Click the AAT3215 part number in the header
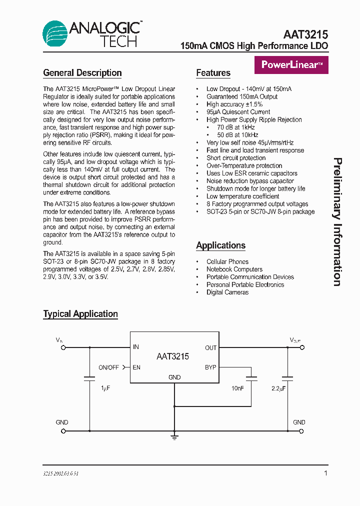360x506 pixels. [305, 34]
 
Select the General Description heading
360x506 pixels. [82, 73]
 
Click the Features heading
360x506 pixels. [213, 73]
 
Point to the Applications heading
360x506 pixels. [220, 245]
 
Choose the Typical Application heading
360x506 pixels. [80, 314]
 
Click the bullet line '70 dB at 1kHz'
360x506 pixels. [237, 127]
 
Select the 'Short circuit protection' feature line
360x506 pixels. [236, 158]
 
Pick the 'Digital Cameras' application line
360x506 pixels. [227, 292]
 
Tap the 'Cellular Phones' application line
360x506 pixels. [227, 261]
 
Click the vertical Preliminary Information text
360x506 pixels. [337, 222]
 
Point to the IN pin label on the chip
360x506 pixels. [136, 347]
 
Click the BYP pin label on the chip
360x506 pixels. [210, 367]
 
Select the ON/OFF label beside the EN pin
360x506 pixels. [108, 367]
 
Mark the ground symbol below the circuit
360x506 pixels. [174, 437]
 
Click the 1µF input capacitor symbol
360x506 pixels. [89, 378]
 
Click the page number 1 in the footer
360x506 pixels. [325, 473]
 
